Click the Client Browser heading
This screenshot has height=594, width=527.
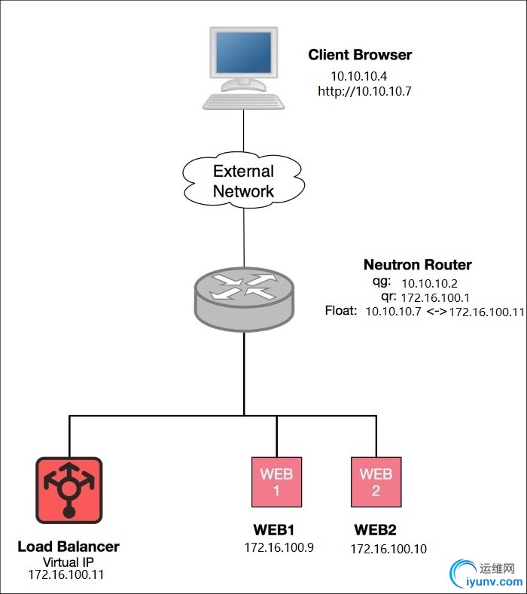360,55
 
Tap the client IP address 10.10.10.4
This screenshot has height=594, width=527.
358,77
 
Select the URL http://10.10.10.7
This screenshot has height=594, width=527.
365,92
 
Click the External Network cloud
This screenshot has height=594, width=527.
243,181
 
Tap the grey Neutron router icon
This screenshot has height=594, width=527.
244,297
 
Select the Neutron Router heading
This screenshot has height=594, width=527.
417,264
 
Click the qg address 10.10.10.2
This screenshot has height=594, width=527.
428,283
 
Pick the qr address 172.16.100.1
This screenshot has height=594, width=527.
436,297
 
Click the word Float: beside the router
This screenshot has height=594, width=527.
341,311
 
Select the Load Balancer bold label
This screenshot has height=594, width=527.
69,547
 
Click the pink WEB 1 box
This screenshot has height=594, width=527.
276,482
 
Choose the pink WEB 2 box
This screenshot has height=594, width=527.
376,482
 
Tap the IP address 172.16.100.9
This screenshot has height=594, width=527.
279,547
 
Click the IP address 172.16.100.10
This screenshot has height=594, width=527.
388,549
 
